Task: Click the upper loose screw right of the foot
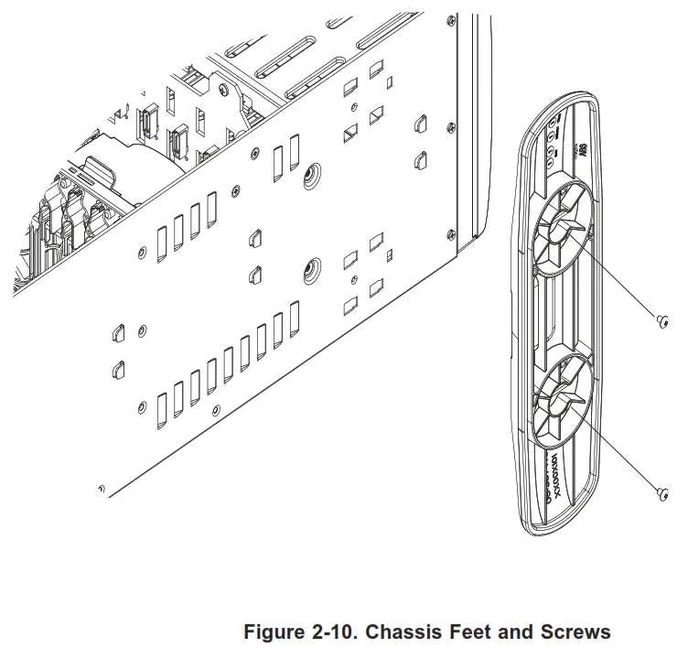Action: tap(663, 319)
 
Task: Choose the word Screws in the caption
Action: tap(577, 632)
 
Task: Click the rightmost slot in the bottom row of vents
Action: tap(295, 318)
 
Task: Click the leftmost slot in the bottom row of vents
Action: tap(162, 407)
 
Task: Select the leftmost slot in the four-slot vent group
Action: tap(162, 240)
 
